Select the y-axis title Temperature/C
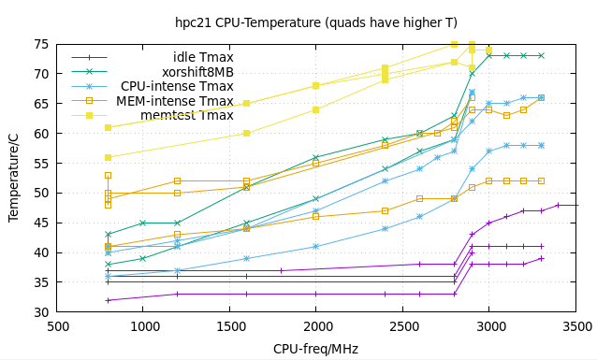click(x=13, y=178)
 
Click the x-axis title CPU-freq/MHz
click(x=317, y=349)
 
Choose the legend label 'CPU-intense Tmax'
click(x=177, y=86)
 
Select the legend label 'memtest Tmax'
click(x=187, y=116)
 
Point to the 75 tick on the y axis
click(x=41, y=44)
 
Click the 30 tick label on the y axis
click(x=41, y=312)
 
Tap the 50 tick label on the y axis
click(x=41, y=193)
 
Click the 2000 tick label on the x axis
click(x=316, y=326)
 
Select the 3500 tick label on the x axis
click(x=576, y=326)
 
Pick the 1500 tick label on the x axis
click(x=229, y=326)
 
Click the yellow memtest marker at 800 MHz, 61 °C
click(x=109, y=127)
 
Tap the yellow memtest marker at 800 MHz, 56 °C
click(x=109, y=157)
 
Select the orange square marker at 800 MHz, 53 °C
click(x=109, y=175)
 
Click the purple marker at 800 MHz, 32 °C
click(x=109, y=300)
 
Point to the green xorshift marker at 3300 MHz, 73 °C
click(x=541, y=56)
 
